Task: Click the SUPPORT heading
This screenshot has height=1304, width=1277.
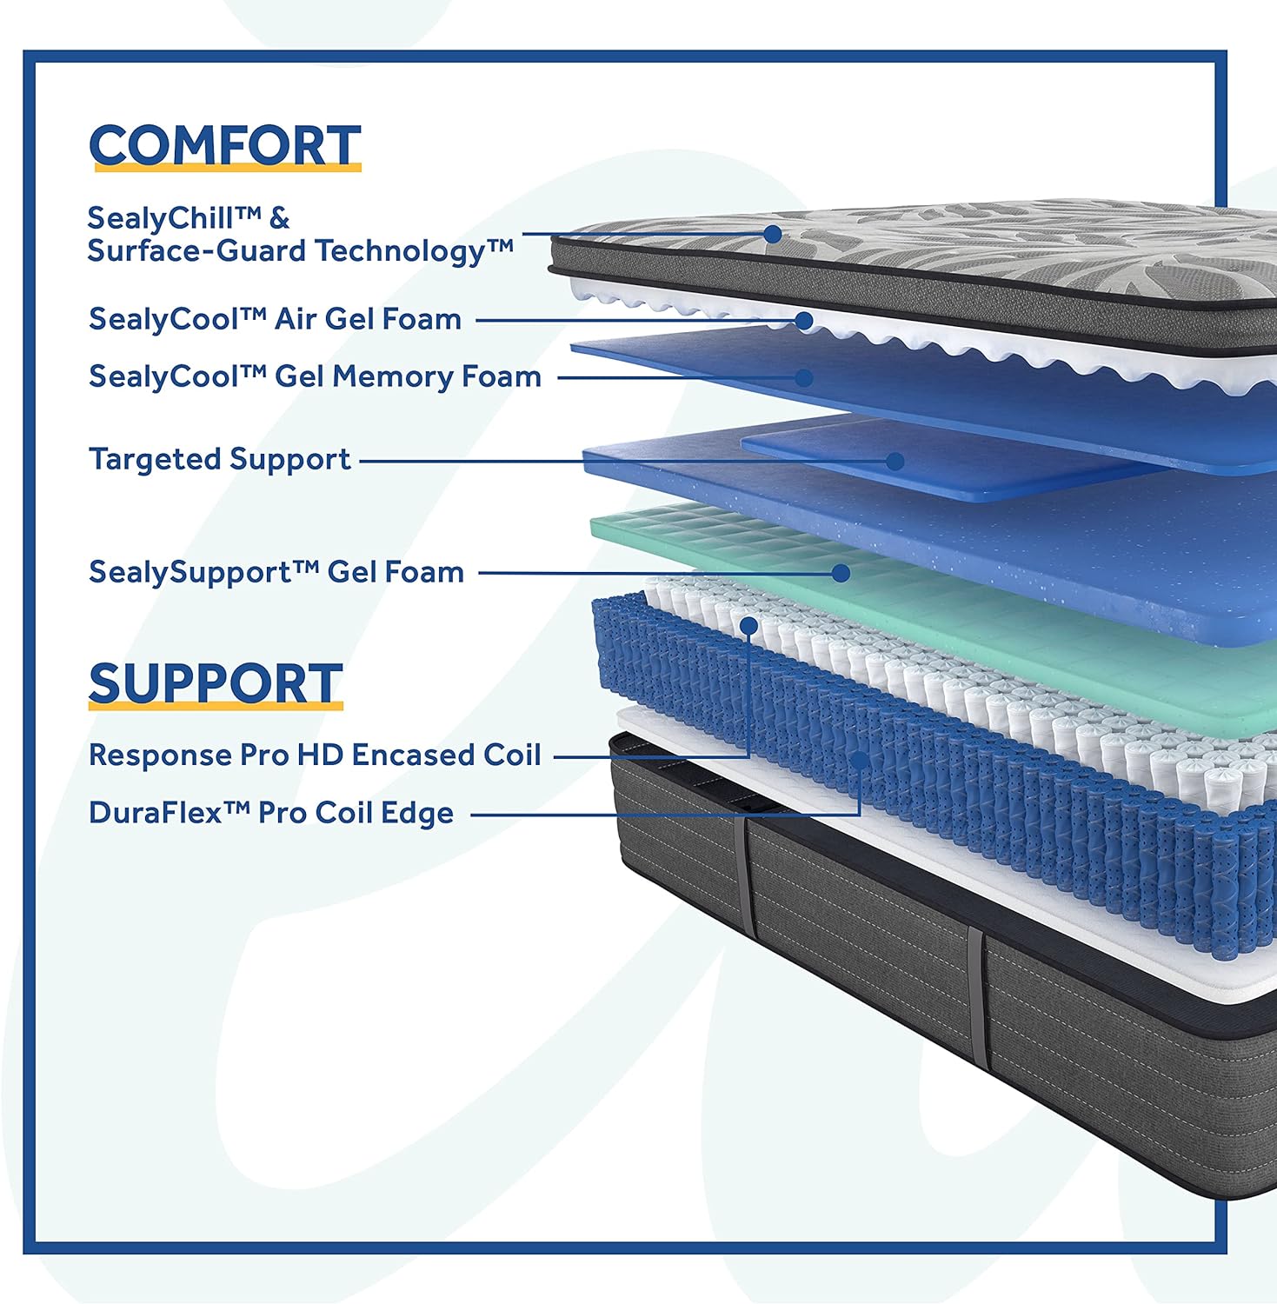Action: [x=216, y=683]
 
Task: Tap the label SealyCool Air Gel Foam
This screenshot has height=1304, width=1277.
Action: [x=275, y=319]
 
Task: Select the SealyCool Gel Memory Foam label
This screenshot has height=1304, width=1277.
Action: [x=315, y=376]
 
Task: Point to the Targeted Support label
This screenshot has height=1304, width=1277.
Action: [x=220, y=459]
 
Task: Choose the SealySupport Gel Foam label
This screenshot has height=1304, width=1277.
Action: [x=276, y=572]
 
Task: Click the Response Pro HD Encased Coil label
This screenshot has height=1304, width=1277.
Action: [x=315, y=755]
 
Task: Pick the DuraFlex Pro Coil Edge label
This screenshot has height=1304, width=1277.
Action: [x=271, y=813]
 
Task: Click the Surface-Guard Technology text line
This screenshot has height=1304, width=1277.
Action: [x=300, y=251]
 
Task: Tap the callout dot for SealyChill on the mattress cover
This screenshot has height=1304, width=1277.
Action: [x=772, y=234]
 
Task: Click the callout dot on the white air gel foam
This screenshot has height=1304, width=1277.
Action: [x=804, y=321]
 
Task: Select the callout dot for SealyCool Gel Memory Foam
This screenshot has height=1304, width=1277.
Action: [x=804, y=377]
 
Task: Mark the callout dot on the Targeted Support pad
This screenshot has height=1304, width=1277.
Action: [x=895, y=461]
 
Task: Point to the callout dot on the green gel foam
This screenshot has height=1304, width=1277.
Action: [x=841, y=573]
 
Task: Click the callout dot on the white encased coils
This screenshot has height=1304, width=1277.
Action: [x=748, y=625]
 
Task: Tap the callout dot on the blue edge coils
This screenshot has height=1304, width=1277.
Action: [x=860, y=761]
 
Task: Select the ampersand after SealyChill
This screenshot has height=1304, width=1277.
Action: [x=278, y=217]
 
